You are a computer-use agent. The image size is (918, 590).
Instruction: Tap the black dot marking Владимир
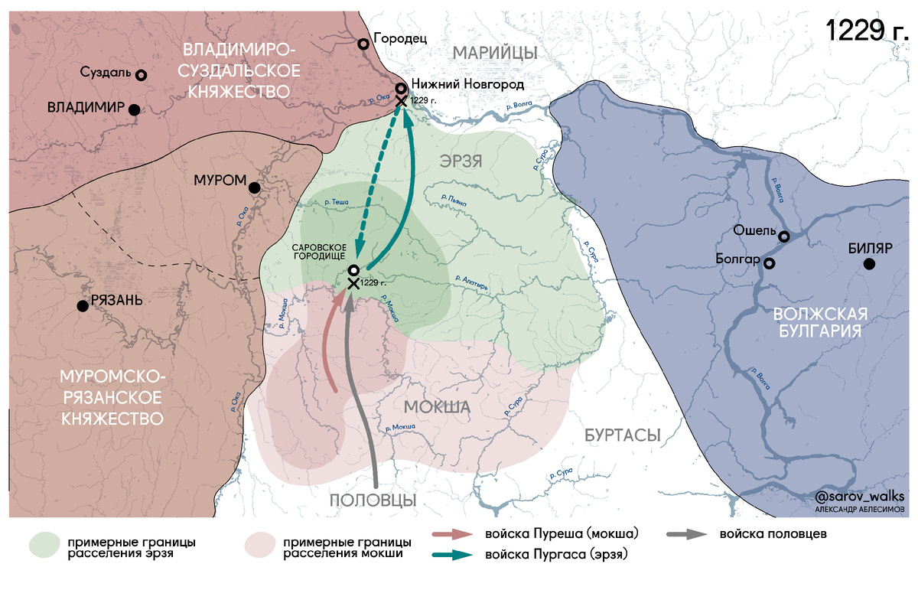tap(134, 109)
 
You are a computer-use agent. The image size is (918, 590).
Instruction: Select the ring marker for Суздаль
tap(141, 75)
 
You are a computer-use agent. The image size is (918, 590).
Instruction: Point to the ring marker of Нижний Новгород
tap(400, 87)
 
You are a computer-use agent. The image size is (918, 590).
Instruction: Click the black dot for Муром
tap(255, 187)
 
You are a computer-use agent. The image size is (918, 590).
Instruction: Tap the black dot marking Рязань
tap(83, 306)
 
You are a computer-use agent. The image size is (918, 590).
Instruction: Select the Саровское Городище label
tap(321, 252)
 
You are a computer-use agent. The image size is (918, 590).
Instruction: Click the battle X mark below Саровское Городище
tap(353, 284)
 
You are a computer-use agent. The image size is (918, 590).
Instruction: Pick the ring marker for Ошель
tap(784, 236)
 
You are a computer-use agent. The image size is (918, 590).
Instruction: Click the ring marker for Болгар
tap(770, 263)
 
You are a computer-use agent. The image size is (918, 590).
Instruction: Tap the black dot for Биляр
tap(869, 264)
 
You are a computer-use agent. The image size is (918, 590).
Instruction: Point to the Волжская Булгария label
tap(819, 322)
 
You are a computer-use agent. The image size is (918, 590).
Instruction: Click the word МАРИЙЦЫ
tap(494, 52)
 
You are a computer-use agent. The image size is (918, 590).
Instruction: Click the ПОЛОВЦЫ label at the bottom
tap(373, 500)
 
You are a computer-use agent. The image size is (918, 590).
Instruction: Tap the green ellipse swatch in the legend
tap(45, 545)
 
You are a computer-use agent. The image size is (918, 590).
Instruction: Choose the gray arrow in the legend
tap(685, 534)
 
